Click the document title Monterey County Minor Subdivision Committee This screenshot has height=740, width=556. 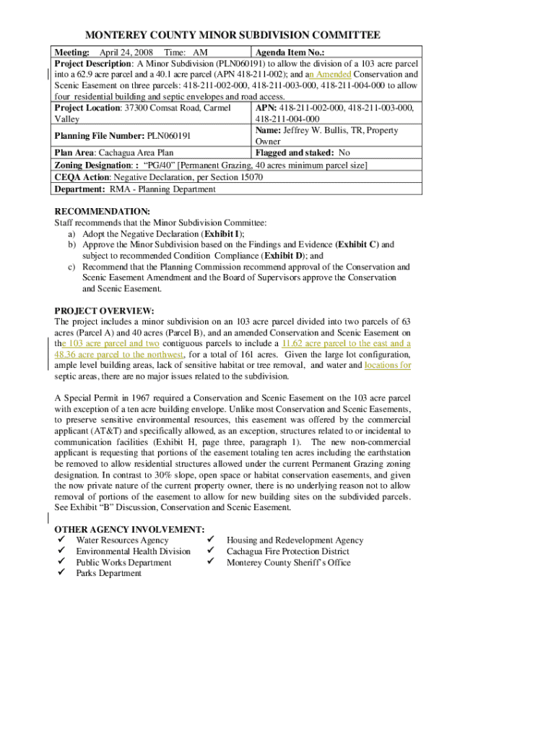[x=233, y=35]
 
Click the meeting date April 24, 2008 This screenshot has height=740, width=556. [x=126, y=53]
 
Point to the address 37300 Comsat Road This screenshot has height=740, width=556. [x=165, y=108]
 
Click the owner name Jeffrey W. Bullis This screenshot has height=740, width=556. [x=316, y=130]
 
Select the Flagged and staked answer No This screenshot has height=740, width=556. [x=344, y=152]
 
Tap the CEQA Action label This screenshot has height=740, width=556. [x=80, y=177]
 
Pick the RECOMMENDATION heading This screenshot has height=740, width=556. [x=103, y=212]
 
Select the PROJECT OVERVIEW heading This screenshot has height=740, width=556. [x=104, y=311]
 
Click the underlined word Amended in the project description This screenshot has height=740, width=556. [x=332, y=74]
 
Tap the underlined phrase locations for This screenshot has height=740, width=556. [x=388, y=366]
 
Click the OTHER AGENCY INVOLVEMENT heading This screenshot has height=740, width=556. [x=129, y=530]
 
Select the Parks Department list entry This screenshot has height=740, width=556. [x=109, y=573]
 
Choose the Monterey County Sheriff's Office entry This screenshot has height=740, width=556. [x=289, y=562]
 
